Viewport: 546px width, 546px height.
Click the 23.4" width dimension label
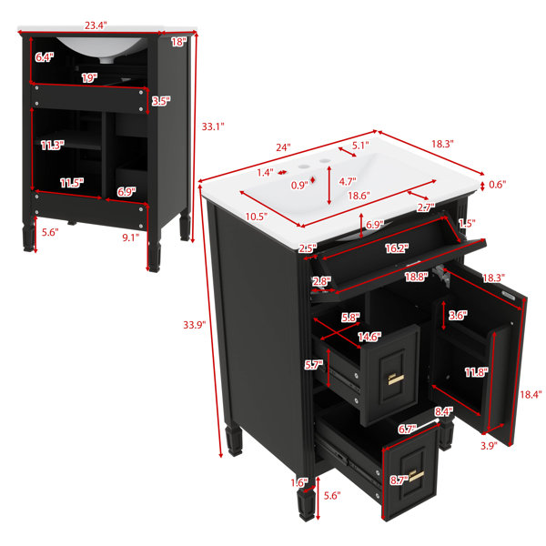coord(96,25)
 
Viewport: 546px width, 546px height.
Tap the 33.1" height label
coord(213,126)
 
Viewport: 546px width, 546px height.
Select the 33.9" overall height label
coord(195,325)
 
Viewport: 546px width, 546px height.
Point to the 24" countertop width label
coord(283,147)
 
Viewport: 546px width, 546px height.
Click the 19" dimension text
coord(89,78)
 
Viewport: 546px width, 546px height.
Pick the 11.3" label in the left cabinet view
coord(53,145)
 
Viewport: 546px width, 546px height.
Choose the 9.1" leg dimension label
coord(130,238)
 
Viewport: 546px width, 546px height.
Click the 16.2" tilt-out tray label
coord(397,248)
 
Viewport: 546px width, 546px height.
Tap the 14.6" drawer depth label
coord(369,337)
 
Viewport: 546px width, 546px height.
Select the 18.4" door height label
coord(531,395)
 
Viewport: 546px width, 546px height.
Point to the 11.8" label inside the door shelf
coord(476,372)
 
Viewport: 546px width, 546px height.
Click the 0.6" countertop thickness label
coord(497,184)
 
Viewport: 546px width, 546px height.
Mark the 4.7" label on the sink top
coord(348,181)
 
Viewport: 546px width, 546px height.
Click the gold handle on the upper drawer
coord(396,379)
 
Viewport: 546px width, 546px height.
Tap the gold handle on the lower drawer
coord(417,476)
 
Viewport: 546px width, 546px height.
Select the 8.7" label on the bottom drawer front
coord(399,480)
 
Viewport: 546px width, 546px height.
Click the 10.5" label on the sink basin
coord(257,217)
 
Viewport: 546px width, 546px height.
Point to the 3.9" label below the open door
coord(489,445)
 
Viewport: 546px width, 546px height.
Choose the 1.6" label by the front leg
coord(299,482)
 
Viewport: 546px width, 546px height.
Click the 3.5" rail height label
coord(161,101)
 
